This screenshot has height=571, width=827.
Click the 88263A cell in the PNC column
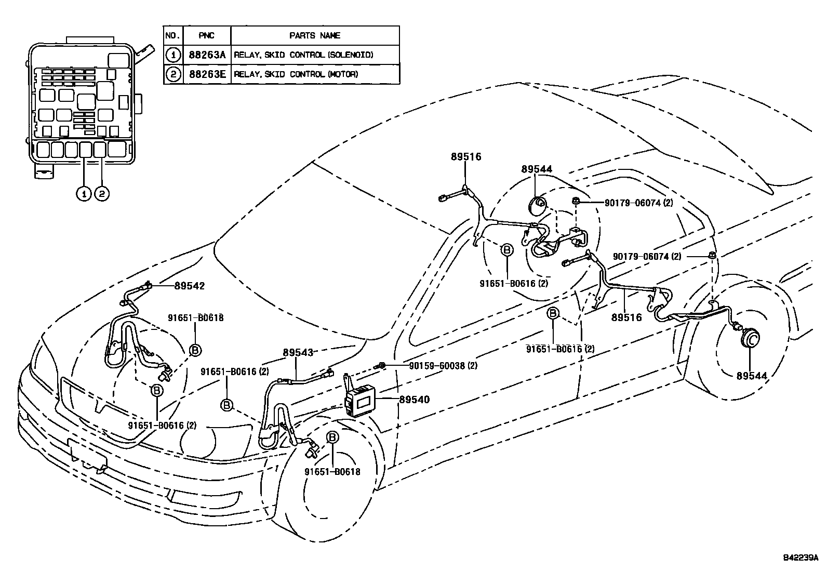pyautogui.click(x=207, y=55)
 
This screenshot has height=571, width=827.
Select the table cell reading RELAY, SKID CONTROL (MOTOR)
pyautogui.click(x=296, y=74)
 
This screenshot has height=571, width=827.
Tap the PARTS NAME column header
pyautogui.click(x=314, y=35)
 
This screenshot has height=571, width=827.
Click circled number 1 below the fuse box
pyautogui.click(x=83, y=194)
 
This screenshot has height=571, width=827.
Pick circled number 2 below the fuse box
pyautogui.click(x=102, y=194)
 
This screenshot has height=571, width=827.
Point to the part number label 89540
pyautogui.click(x=414, y=400)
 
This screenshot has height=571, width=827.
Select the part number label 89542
pyautogui.click(x=189, y=286)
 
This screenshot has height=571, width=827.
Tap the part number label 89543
pyautogui.click(x=298, y=352)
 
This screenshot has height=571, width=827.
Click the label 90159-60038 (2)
pyautogui.click(x=443, y=366)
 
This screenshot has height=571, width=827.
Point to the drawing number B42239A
pyautogui.click(x=800, y=559)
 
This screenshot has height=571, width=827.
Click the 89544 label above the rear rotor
pyautogui.click(x=537, y=169)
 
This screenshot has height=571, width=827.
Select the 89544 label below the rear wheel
pyautogui.click(x=751, y=376)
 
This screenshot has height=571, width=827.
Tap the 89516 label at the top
pyautogui.click(x=465, y=157)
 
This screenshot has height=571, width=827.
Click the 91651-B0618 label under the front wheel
pyautogui.click(x=332, y=472)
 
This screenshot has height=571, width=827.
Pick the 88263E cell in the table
pyautogui.click(x=207, y=74)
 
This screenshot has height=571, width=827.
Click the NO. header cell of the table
pyautogui.click(x=172, y=35)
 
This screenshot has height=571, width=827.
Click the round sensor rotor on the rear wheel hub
pyautogui.click(x=750, y=339)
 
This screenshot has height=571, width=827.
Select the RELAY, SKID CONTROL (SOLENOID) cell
pyautogui.click(x=303, y=55)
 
